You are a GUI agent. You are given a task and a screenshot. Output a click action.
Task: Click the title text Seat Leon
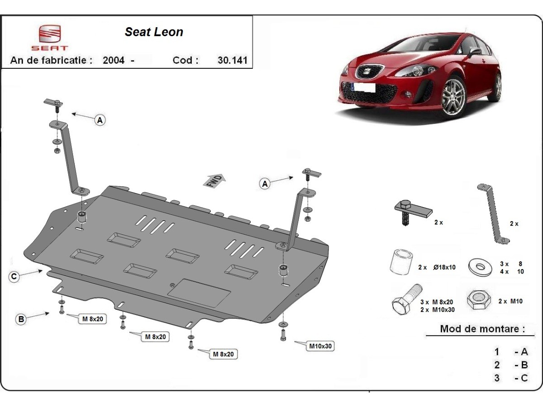pyautogui.click(x=154, y=32)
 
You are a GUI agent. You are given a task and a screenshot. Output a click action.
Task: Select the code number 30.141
pyautogui.click(x=233, y=60)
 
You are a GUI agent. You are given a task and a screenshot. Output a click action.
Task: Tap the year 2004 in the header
pyautogui.click(x=114, y=60)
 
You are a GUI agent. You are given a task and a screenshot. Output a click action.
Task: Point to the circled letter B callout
pyautogui.click(x=21, y=319)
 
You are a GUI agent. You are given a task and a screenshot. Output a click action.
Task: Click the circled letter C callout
pyautogui.click(x=14, y=277)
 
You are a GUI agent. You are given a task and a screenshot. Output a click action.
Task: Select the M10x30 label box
pyautogui.click(x=321, y=346)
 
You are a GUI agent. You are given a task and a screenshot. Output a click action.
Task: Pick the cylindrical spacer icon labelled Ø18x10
pyautogui.click(x=401, y=261)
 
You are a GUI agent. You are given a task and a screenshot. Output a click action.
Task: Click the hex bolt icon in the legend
pyautogui.click(x=405, y=300)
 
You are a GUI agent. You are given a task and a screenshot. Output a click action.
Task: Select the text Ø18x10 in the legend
pyautogui.click(x=444, y=267)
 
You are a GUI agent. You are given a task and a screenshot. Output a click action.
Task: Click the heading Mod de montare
pyautogui.click(x=482, y=329)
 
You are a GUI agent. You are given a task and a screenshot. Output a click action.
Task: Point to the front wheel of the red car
pyautogui.click(x=453, y=97)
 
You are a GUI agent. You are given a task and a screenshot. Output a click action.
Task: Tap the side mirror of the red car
pyautogui.click(x=474, y=52)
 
